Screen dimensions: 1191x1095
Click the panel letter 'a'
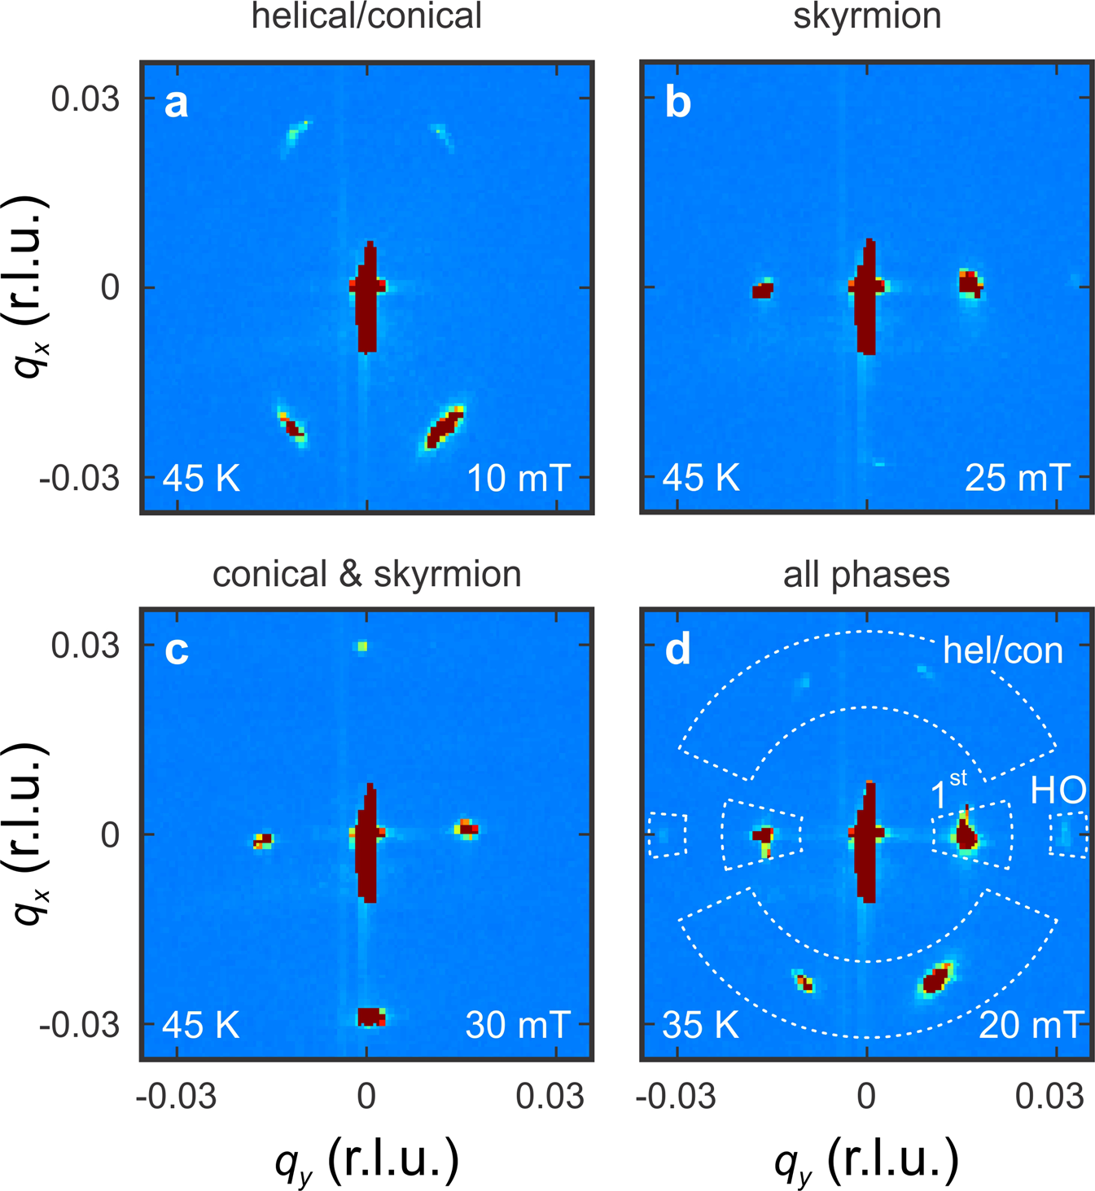tap(176, 104)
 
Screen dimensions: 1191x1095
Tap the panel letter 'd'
tap(677, 650)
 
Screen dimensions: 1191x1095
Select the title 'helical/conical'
tap(366, 16)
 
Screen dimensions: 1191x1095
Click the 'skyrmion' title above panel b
tap(867, 16)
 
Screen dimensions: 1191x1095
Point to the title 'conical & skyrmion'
tap(366, 574)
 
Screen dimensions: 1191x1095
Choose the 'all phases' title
tap(866, 574)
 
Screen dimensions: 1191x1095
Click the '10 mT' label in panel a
tap(518, 478)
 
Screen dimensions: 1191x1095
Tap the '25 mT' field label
tap(1017, 478)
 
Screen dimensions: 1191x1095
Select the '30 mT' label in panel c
tap(518, 1025)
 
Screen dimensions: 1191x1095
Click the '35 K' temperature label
tap(701, 1025)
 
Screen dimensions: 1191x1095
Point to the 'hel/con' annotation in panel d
tap(1002, 651)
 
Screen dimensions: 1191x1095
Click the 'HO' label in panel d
tap(1058, 790)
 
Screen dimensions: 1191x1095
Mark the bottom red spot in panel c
tap(371, 1016)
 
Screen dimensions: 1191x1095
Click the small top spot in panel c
tap(361, 646)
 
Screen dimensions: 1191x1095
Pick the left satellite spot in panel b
tap(762, 290)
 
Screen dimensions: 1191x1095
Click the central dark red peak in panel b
tap(867, 297)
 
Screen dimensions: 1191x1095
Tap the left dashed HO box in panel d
tap(668, 834)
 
